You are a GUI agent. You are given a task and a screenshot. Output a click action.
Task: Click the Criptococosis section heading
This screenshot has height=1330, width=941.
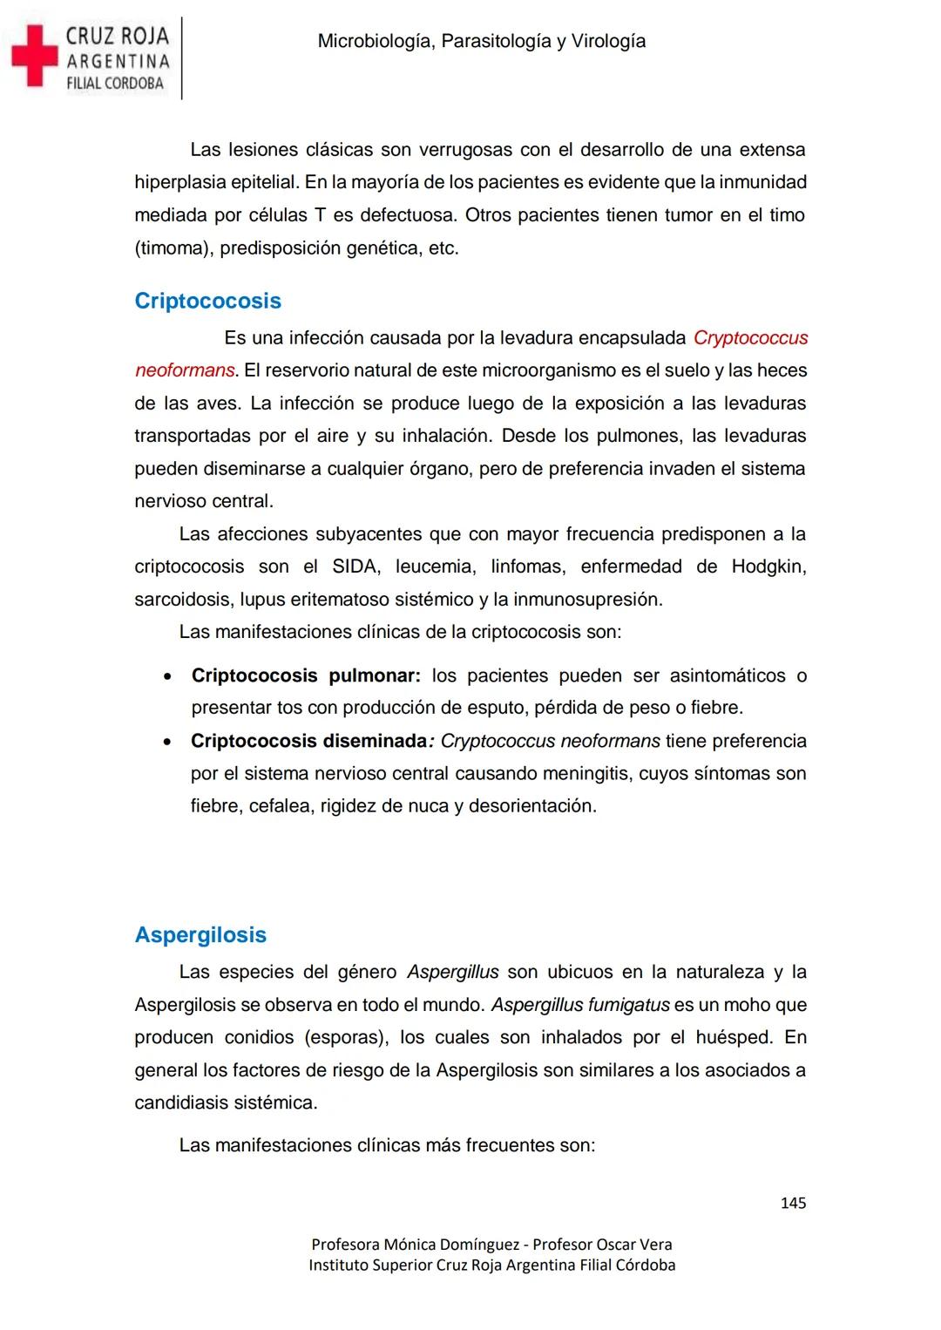click(207, 301)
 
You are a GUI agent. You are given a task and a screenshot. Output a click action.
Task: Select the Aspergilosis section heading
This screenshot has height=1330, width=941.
click(200, 934)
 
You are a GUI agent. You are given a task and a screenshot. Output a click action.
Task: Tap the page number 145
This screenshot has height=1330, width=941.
click(793, 1203)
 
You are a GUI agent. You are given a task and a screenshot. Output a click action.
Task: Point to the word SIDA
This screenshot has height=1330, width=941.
click(355, 567)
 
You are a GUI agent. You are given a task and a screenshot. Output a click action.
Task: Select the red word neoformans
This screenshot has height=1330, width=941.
click(185, 370)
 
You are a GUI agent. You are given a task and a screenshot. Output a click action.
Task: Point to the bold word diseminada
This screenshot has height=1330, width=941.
click(376, 741)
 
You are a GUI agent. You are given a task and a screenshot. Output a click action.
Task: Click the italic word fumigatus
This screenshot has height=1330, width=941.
click(628, 1005)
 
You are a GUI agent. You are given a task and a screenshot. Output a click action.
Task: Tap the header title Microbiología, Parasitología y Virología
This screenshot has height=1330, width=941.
click(482, 41)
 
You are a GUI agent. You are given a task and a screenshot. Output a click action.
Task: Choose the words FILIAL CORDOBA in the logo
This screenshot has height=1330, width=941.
click(115, 84)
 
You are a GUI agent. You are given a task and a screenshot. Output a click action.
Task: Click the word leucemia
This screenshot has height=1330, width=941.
click(435, 567)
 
